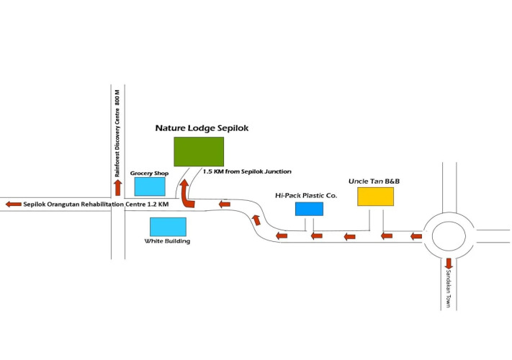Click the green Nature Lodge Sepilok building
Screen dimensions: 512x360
coord(199,152)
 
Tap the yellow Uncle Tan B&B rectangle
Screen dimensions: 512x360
coord(375,197)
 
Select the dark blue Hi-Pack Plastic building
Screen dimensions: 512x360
coord(309,209)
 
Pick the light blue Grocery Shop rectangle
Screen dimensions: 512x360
coord(150,186)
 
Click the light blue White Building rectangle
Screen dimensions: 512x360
coord(169,227)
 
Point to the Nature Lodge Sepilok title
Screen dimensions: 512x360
coord(202,128)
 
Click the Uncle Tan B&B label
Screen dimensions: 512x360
coord(374,181)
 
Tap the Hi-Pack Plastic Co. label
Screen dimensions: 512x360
coord(306,196)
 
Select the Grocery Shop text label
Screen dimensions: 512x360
coord(149,173)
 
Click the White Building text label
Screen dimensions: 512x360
coord(167,241)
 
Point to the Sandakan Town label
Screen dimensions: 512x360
coord(448,289)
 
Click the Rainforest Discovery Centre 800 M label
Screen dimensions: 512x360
coord(117,133)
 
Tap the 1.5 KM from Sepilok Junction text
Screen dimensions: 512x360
coord(247,171)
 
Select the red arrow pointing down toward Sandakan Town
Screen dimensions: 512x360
coord(449,264)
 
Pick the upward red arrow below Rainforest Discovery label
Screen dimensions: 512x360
coord(118,188)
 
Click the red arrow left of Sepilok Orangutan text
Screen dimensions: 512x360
coord(14,204)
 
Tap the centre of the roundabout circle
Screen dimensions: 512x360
coord(449,236)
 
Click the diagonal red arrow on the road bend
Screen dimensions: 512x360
coord(256,220)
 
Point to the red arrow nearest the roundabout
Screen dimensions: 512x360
coord(416,236)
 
